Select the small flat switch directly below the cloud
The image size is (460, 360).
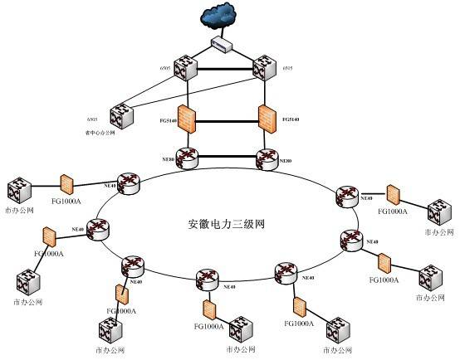tap(223, 44)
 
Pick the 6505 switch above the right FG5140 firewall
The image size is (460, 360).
tap(266, 66)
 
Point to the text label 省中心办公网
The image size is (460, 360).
tap(100, 132)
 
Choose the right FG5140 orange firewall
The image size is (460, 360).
tap(267, 119)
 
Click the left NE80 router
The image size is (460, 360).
tap(188, 158)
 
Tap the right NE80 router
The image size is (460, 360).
tap(267, 158)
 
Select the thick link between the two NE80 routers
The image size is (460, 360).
tap(228, 155)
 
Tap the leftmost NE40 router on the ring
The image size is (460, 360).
tap(99, 229)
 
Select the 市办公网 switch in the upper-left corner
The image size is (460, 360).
tap(17, 191)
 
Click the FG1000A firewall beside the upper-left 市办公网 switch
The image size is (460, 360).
tap(67, 183)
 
